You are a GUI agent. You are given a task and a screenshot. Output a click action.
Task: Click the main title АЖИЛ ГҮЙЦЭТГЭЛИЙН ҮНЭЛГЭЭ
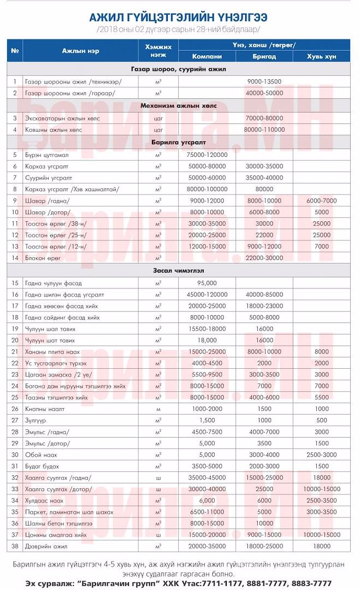click(x=180, y=17)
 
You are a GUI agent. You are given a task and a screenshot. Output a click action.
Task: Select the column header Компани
click(x=206, y=56)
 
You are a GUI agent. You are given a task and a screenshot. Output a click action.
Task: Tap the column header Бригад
click(x=264, y=56)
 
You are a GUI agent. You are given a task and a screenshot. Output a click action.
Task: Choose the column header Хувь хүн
click(x=322, y=56)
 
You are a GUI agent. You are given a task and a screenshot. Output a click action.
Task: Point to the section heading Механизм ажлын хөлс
click(x=179, y=105)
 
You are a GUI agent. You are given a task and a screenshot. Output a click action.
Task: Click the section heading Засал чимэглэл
click(x=179, y=270)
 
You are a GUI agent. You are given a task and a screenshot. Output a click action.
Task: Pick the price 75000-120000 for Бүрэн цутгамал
click(x=206, y=155)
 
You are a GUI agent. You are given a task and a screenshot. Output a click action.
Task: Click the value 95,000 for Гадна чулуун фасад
click(x=206, y=282)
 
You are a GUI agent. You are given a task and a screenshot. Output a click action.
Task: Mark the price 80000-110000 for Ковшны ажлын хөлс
click(x=264, y=129)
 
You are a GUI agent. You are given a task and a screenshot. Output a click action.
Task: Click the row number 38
click(x=15, y=546)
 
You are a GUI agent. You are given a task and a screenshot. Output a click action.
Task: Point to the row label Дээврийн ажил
click(x=46, y=546)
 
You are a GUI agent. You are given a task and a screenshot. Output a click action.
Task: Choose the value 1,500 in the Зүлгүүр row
click(x=206, y=420)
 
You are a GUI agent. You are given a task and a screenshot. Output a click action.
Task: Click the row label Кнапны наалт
click(x=46, y=408)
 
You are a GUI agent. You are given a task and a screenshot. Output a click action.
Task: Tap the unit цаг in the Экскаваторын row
click(x=158, y=117)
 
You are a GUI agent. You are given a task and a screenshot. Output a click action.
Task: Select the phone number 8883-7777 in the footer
click(x=311, y=584)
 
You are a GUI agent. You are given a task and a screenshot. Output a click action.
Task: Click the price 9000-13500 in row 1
click(x=264, y=81)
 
